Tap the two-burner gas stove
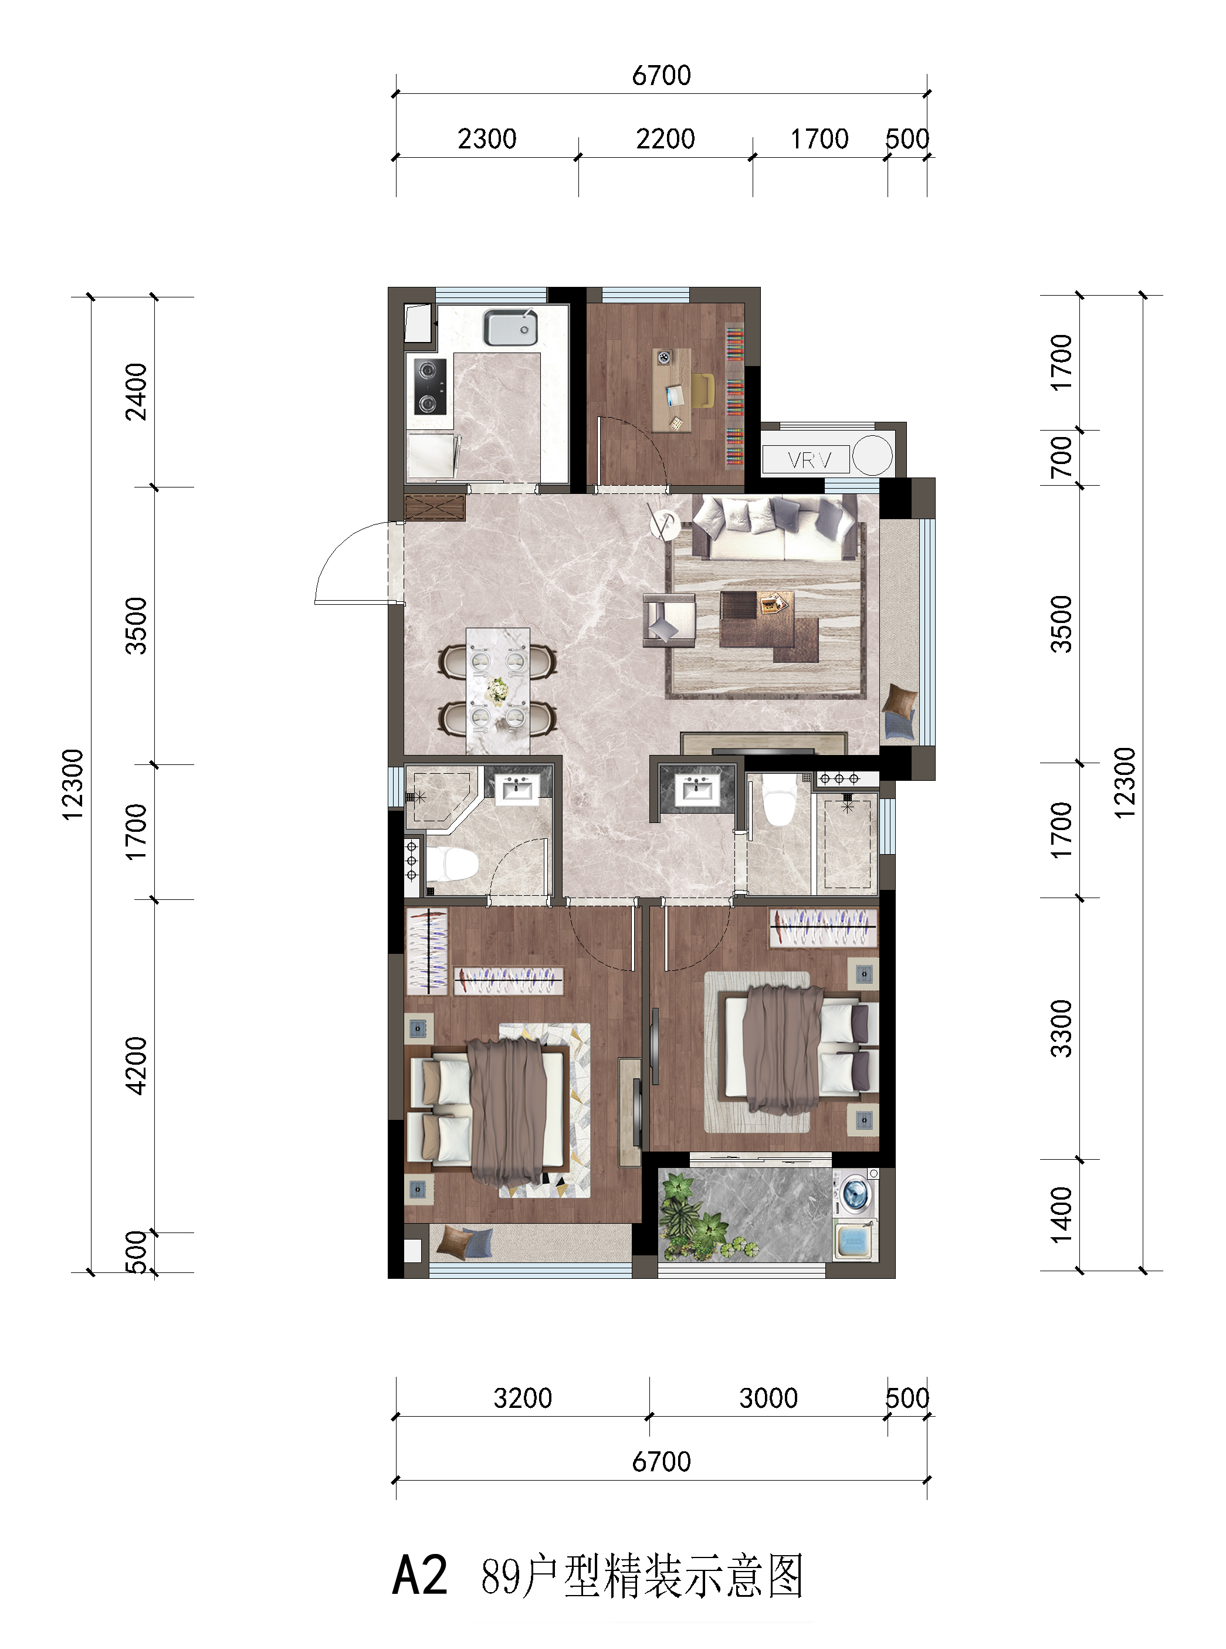430,386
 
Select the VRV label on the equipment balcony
809,460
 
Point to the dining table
497,691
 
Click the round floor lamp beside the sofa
664,524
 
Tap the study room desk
672,390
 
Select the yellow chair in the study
703,390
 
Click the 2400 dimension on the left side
137,392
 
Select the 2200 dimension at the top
665,139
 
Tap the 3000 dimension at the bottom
768,1398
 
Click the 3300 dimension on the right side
1061,1028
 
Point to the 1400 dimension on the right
1061,1214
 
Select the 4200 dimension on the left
137,1066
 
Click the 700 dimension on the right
1061,457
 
